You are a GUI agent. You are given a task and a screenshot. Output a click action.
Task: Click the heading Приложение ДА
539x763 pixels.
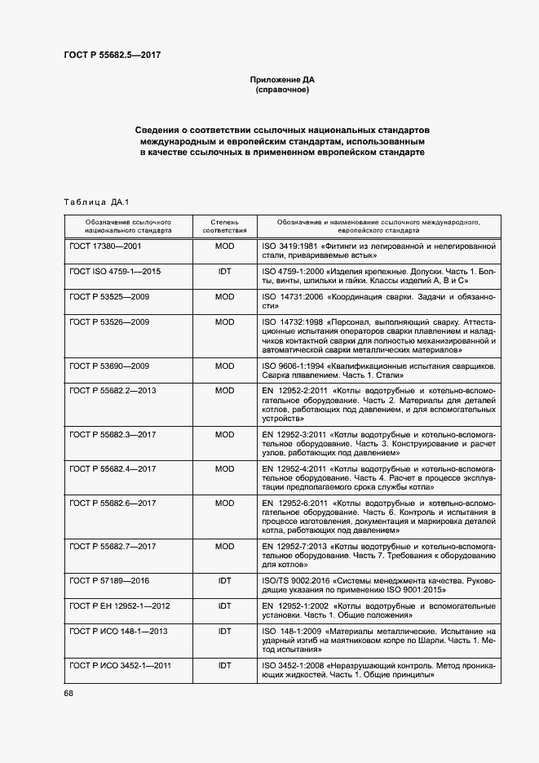[282, 80]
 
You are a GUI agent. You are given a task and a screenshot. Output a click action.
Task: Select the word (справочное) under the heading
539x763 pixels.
[282, 90]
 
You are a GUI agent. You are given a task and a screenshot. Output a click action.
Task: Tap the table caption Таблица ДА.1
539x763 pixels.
[96, 202]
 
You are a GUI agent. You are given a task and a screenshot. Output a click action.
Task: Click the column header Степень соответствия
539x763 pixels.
[224, 226]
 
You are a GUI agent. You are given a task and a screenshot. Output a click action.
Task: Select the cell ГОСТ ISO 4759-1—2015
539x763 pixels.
[115, 271]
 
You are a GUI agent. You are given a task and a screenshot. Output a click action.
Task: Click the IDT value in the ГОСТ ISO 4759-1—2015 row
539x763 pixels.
[224, 271]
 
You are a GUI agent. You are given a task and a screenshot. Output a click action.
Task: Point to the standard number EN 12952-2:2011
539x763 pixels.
[295, 392]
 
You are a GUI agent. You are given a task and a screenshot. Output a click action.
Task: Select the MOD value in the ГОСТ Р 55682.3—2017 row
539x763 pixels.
[224, 434]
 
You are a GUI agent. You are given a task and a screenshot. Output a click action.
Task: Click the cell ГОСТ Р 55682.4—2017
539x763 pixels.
[113, 469]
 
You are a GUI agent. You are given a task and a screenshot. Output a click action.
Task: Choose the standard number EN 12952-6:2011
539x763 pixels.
[295, 503]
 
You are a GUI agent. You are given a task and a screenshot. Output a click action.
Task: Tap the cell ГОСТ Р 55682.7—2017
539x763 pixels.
[113, 546]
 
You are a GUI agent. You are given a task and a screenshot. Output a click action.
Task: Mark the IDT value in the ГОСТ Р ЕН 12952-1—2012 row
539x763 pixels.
[224, 607]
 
